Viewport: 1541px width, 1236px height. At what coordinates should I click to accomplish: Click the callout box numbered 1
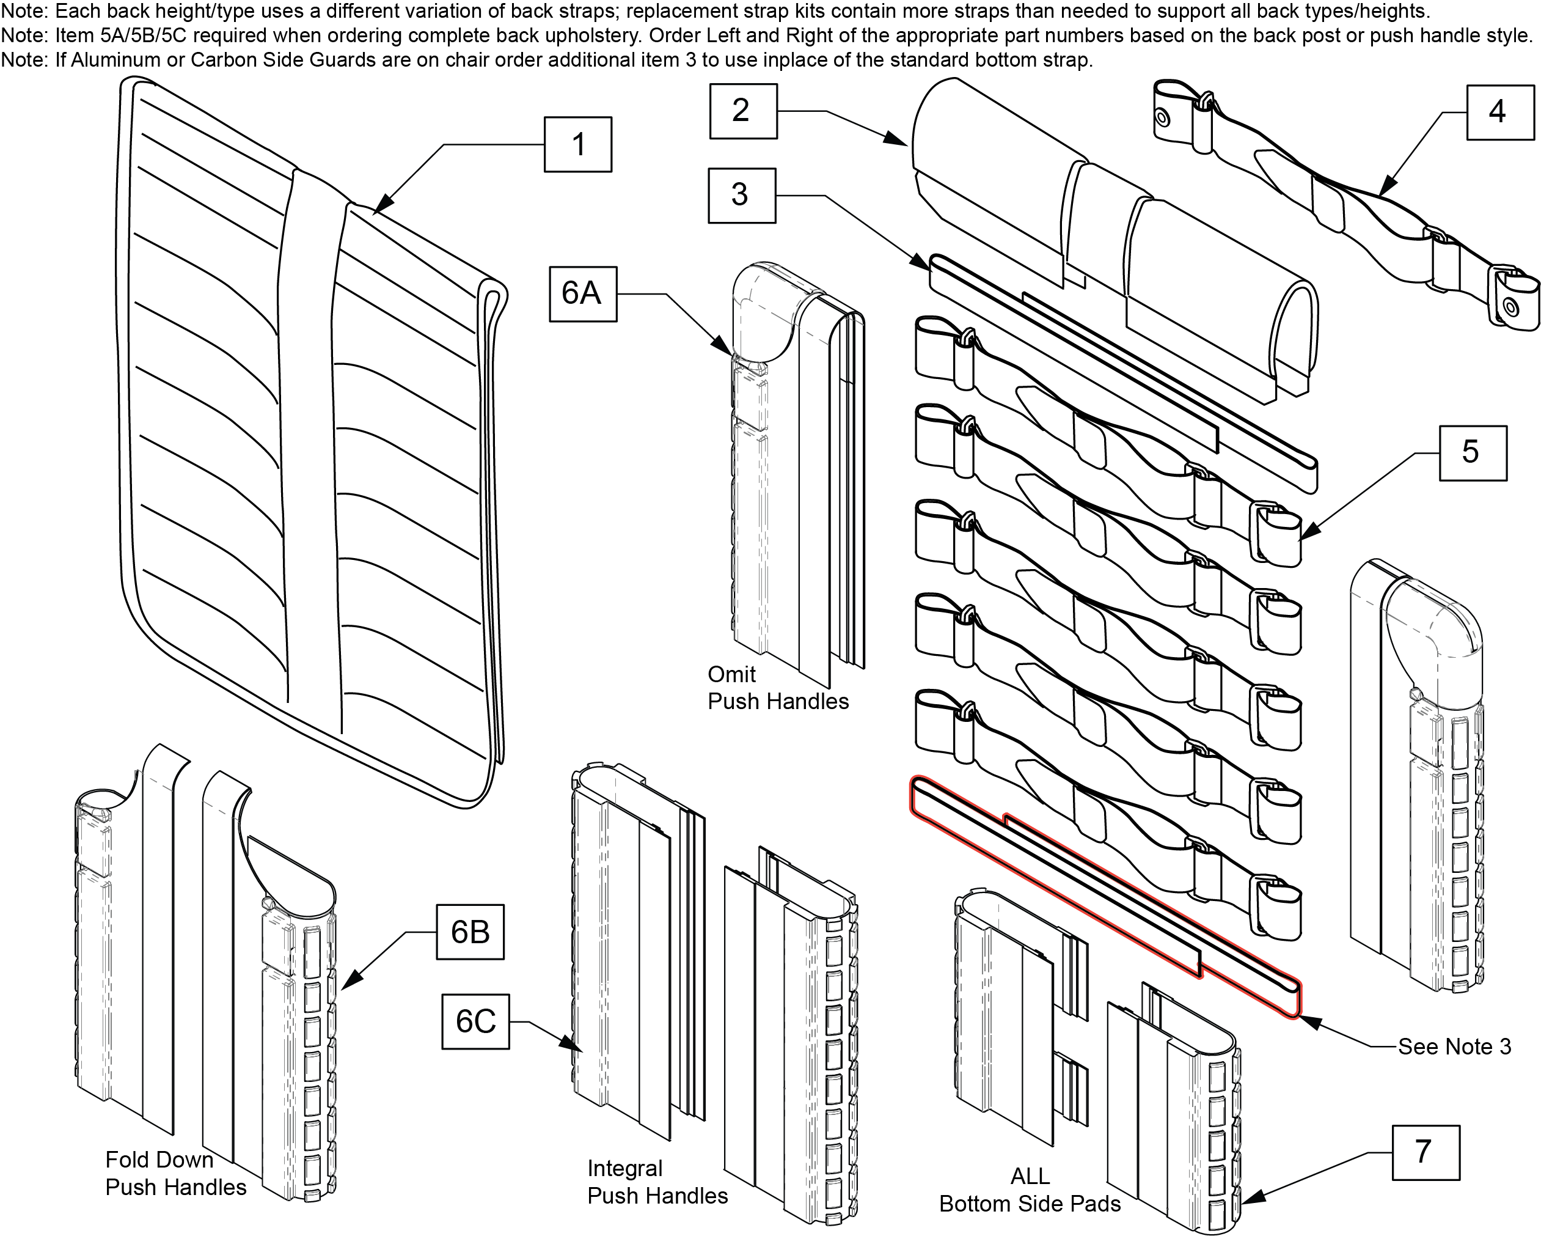pos(577,144)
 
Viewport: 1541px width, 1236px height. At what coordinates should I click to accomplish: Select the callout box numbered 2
pos(742,111)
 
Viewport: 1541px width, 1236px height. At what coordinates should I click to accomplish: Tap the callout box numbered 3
pos(741,194)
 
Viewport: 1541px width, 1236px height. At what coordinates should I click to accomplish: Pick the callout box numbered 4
pos(1500,112)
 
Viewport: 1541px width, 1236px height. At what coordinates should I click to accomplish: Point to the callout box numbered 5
pos(1473,452)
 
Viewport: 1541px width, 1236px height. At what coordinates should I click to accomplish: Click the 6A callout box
pos(582,294)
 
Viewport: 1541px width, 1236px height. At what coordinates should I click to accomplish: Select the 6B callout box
pos(470,932)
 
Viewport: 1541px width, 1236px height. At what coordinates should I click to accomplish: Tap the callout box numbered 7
pos(1425,1152)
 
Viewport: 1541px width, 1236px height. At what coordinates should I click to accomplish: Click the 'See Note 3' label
pos(1454,1047)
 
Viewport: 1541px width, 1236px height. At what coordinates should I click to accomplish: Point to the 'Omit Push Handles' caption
pos(778,688)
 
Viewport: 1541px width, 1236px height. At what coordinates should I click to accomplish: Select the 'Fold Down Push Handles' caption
pos(175,1173)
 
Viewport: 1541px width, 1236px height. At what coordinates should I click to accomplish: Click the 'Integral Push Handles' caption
pos(657,1182)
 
